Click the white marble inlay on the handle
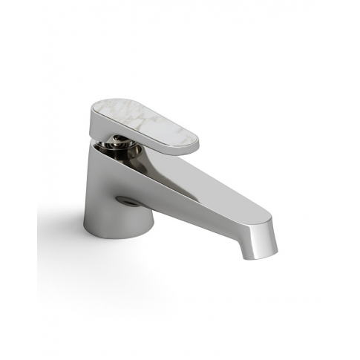point(148,122)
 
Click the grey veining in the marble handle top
point(160,126)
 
